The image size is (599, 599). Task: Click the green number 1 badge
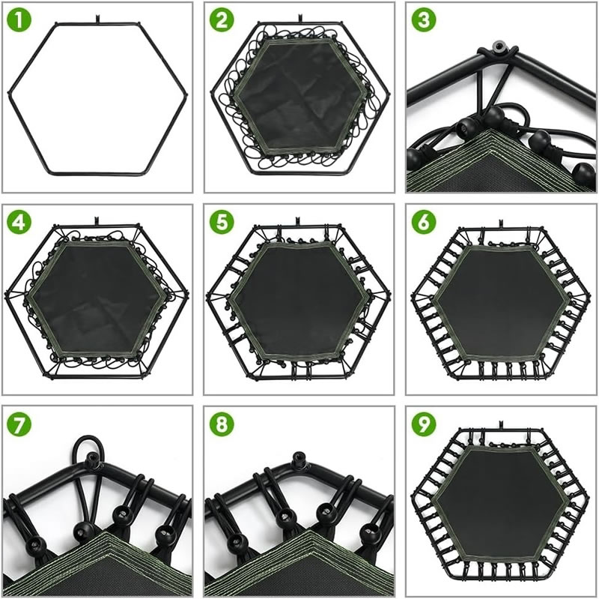pyautogui.click(x=19, y=19)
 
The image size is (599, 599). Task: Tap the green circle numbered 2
pyautogui.click(x=222, y=19)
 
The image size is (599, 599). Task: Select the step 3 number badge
pyautogui.click(x=424, y=19)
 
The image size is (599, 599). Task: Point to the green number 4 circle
pyautogui.click(x=19, y=222)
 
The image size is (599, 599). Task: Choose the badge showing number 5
pyautogui.click(x=222, y=222)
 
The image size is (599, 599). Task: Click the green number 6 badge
pyautogui.click(x=424, y=222)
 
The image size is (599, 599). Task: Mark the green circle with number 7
pyautogui.click(x=19, y=424)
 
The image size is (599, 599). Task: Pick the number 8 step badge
pyautogui.click(x=222, y=424)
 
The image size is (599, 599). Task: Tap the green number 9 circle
pyautogui.click(x=424, y=424)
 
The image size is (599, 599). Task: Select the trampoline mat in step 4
pyautogui.click(x=97, y=298)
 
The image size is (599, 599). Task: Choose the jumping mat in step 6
pyautogui.click(x=500, y=302)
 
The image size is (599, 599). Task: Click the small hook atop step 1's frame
pyautogui.click(x=97, y=18)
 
